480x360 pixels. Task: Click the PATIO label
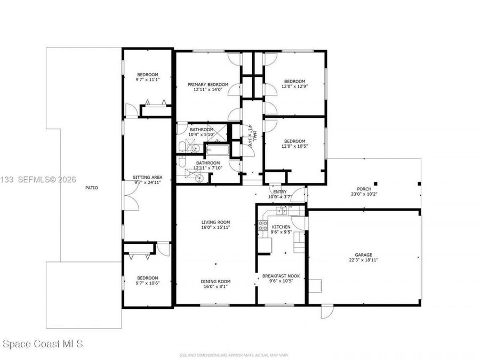tap(92, 188)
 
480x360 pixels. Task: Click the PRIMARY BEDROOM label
tap(207, 84)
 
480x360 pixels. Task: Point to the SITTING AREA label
tap(147, 177)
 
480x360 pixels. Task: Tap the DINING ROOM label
tap(215, 282)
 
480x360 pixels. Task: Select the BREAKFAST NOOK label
tap(281, 276)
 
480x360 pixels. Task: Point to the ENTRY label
tap(280, 192)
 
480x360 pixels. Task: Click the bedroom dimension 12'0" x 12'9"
tap(295, 86)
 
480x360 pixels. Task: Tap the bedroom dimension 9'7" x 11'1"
tap(147, 79)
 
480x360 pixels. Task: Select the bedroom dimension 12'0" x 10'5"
tap(295, 147)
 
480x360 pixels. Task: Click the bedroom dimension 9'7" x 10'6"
tap(147, 283)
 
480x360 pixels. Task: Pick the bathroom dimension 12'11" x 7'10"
tap(207, 168)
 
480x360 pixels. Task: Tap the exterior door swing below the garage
tap(326, 312)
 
